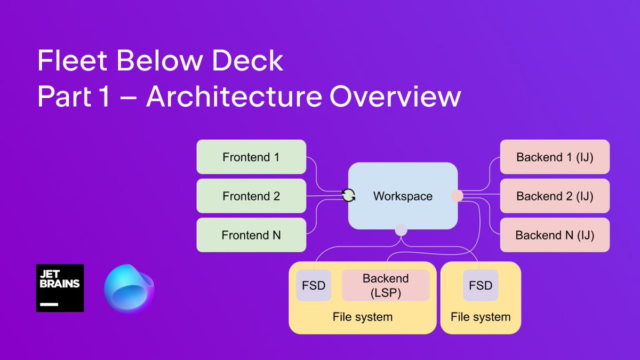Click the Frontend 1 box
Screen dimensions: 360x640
(x=251, y=157)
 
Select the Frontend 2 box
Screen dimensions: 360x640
(x=251, y=196)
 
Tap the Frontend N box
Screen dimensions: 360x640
(x=251, y=235)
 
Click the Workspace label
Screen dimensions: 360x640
(x=403, y=196)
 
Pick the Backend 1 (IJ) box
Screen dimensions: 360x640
(x=555, y=157)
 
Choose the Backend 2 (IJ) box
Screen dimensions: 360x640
(x=555, y=196)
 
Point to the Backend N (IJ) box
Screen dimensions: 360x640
(x=555, y=235)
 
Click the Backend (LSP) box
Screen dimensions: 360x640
(x=386, y=285)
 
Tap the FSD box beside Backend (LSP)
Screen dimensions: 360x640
(x=314, y=285)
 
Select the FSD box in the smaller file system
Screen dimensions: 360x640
(x=481, y=285)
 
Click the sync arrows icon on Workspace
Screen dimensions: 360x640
(x=349, y=196)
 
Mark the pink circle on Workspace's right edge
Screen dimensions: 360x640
(x=457, y=196)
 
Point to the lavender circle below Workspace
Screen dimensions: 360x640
(x=401, y=230)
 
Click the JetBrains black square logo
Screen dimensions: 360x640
(x=60, y=288)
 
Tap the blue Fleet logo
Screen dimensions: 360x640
(x=129, y=288)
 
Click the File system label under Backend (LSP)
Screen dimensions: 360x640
(x=363, y=317)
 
